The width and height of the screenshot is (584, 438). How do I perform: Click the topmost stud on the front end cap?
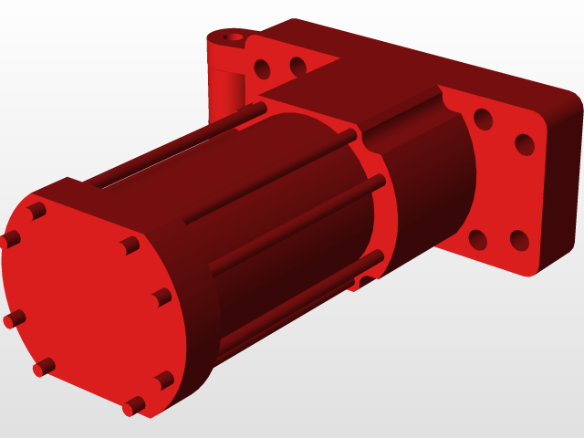pos(36,212)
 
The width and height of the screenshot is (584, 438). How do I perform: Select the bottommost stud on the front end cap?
pos(133,405)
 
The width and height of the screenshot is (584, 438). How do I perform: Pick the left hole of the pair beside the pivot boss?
pos(264,68)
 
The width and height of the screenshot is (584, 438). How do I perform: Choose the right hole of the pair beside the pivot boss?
pos(297,66)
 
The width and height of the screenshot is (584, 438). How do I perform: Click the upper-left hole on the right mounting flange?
pos(484,120)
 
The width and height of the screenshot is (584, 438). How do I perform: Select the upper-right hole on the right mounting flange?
pos(525,144)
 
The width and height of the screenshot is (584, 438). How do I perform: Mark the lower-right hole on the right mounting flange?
pos(519,241)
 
